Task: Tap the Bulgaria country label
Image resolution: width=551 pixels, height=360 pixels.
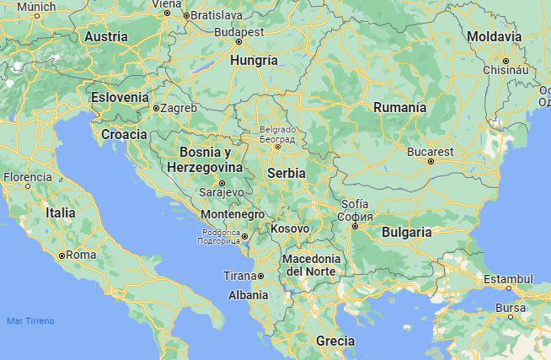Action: tap(406, 232)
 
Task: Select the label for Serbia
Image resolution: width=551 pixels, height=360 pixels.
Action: tap(286, 172)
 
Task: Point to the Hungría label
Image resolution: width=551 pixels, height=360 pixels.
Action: tap(254, 61)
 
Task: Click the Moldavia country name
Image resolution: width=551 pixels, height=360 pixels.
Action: tap(495, 37)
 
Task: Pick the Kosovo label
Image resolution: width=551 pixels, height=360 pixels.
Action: tap(289, 228)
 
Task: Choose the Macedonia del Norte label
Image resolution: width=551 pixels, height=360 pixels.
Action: tap(313, 264)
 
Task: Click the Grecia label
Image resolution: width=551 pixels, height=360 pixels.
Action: tap(334, 341)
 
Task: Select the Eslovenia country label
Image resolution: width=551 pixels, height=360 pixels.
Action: tap(120, 97)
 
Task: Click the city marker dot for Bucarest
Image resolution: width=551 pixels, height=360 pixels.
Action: tap(431, 161)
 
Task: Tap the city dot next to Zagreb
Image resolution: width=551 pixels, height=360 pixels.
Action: tap(156, 108)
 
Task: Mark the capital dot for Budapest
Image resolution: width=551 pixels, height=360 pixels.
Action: tap(238, 41)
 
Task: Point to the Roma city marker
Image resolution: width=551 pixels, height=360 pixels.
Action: tap(62, 255)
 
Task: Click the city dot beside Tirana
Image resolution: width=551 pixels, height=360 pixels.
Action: tap(261, 277)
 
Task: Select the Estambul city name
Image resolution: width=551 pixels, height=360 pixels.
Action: tap(508, 278)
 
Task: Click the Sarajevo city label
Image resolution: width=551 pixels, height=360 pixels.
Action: tap(222, 192)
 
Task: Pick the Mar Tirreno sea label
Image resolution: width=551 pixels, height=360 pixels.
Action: tap(30, 321)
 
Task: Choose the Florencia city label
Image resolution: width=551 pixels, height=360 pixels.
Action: tap(27, 177)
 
